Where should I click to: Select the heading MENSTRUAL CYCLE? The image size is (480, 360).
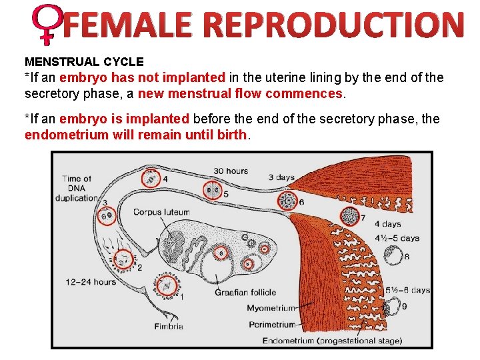tap(84, 62)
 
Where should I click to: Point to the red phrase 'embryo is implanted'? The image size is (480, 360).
tap(125, 119)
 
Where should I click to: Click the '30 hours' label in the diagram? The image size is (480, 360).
tap(231, 171)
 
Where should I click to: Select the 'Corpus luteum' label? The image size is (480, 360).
tap(161, 212)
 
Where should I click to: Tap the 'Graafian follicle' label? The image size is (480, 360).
tap(245, 292)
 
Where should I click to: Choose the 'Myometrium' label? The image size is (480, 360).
tap(271, 308)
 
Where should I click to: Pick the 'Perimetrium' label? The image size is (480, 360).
tap(271, 325)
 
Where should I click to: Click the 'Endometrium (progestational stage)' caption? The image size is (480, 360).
tap(332, 341)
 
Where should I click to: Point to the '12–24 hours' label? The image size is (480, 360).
tap(91, 281)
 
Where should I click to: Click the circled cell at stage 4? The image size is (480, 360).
tap(151, 179)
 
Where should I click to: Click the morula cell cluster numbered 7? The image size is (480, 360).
tap(349, 215)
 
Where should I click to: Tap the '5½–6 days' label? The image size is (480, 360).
tap(407, 290)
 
